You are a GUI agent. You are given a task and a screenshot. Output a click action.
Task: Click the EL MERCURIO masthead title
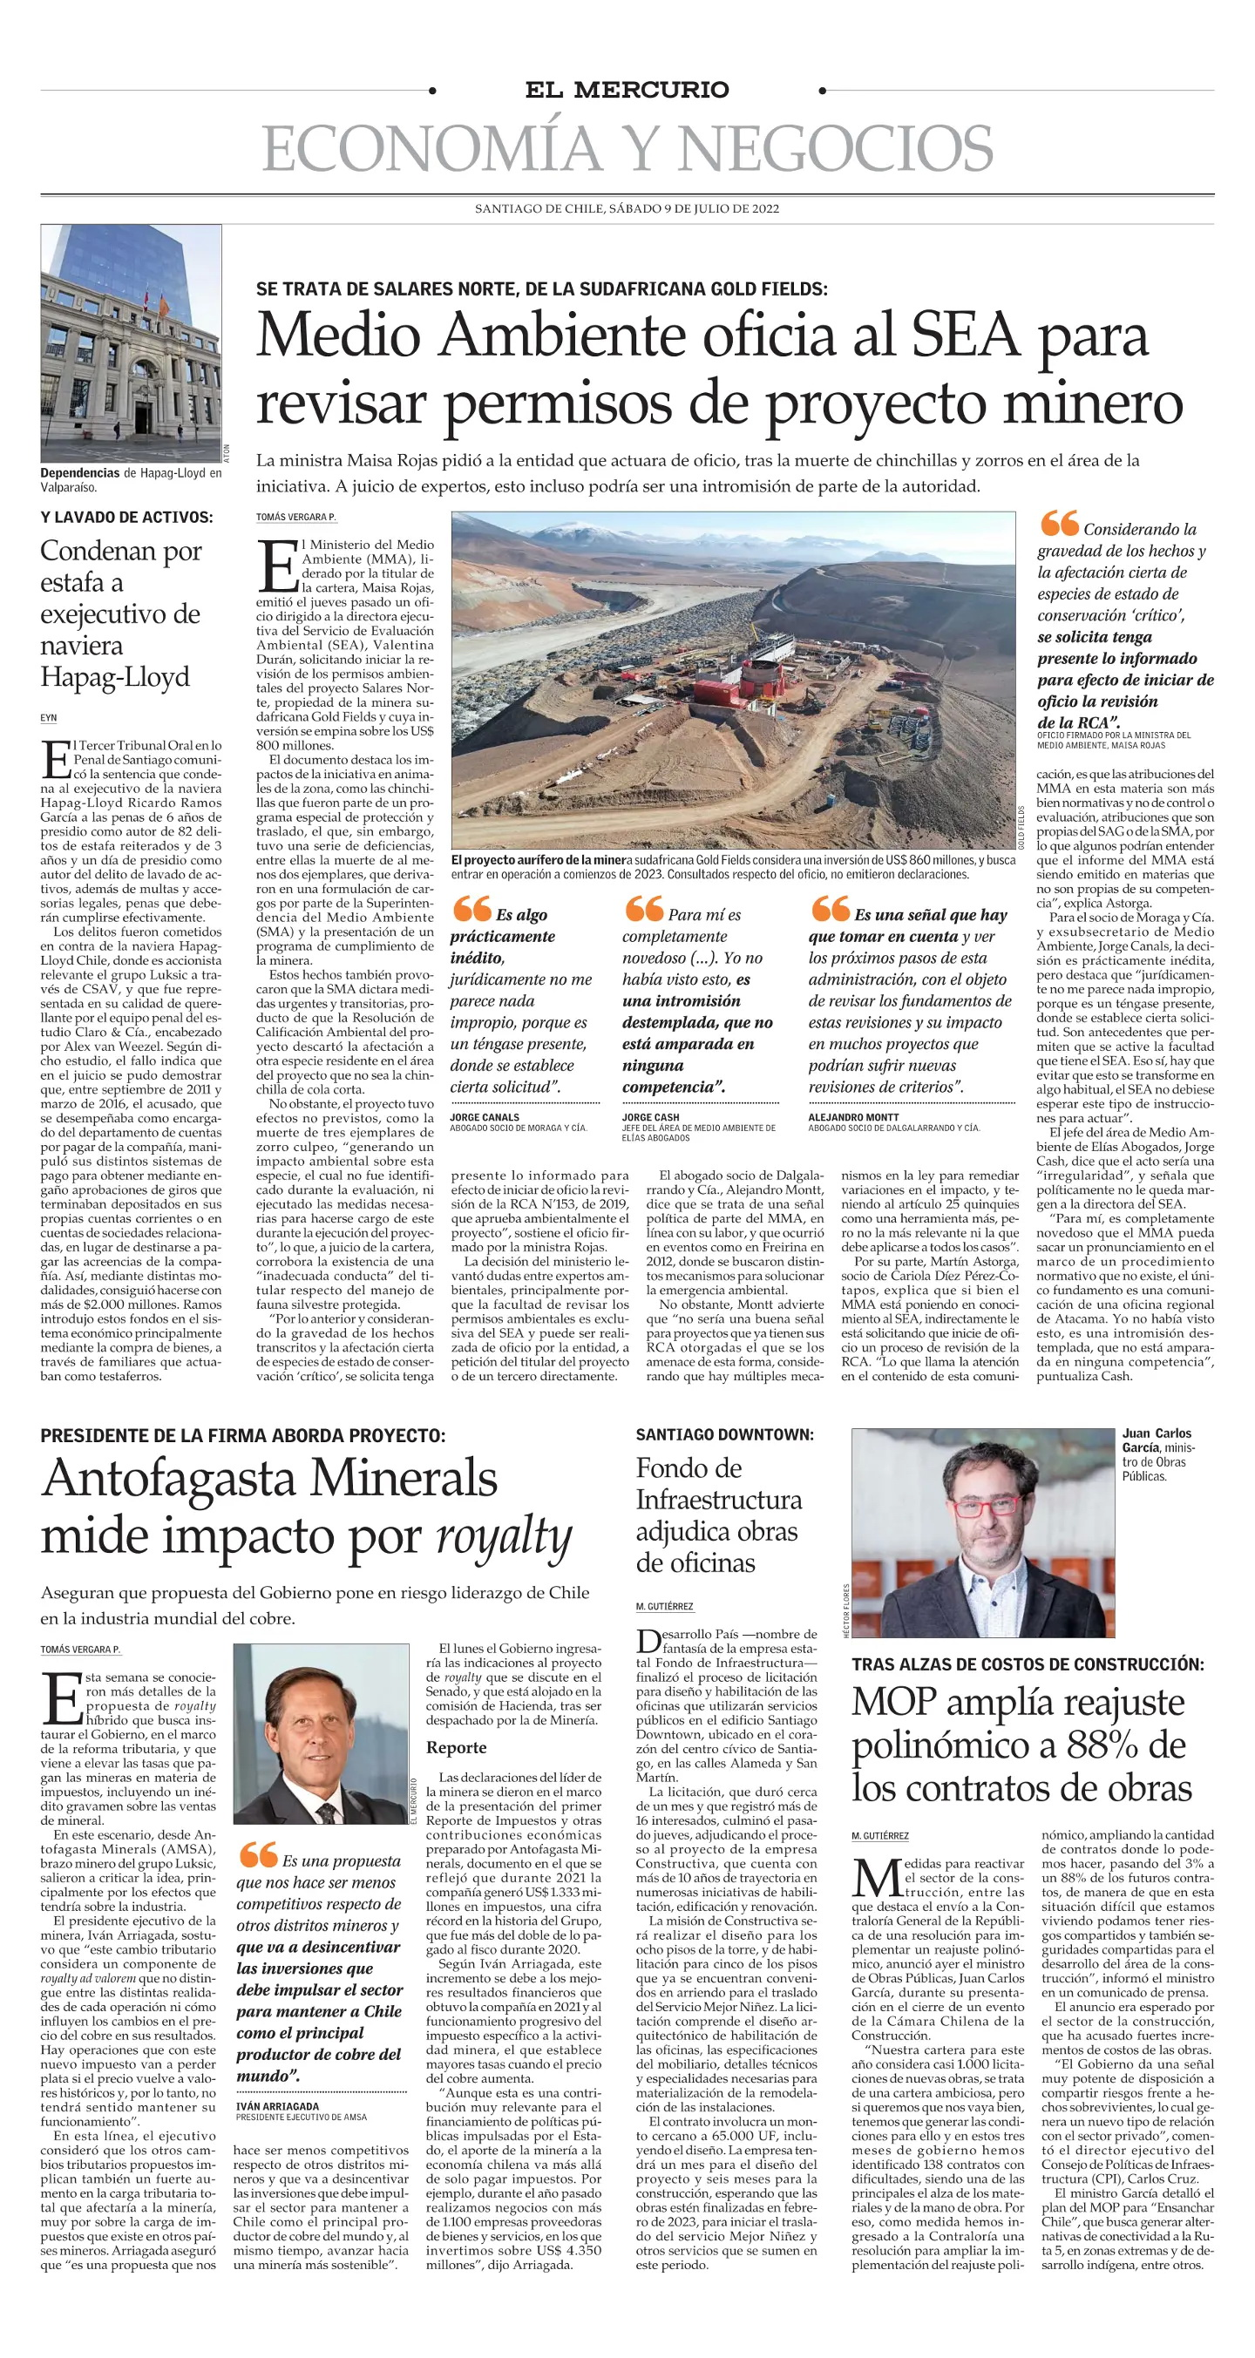[x=627, y=90]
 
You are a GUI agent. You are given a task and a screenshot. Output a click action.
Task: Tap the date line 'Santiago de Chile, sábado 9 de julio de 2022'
[x=627, y=209]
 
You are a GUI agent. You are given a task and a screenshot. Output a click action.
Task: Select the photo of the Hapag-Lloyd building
[x=131, y=343]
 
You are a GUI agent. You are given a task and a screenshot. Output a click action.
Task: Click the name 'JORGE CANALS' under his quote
[x=485, y=1118]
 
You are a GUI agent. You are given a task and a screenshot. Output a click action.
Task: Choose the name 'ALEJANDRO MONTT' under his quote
[x=852, y=1118]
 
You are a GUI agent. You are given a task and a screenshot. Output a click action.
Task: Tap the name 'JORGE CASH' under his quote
[x=651, y=1118]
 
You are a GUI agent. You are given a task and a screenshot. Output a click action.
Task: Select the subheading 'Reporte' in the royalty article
[x=456, y=1747]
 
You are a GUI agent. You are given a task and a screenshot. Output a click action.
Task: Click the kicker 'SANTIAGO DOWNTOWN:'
[x=724, y=1435]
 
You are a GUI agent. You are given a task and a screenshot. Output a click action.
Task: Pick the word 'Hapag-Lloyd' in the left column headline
[x=115, y=677]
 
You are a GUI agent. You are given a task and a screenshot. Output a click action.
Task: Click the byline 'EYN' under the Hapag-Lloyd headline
[x=49, y=719]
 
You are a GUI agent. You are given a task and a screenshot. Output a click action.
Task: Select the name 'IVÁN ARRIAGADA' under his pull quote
[x=277, y=2106]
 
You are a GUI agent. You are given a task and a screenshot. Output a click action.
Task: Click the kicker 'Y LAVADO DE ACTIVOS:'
[x=126, y=518]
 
